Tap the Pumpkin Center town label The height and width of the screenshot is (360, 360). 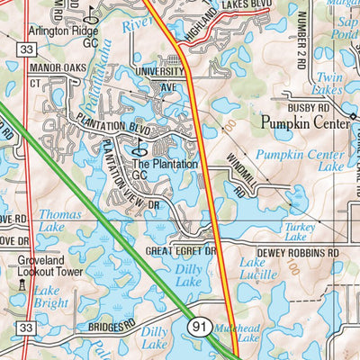[301, 121]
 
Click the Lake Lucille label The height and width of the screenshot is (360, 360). [258, 270]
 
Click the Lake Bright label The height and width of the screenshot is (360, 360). [50, 298]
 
